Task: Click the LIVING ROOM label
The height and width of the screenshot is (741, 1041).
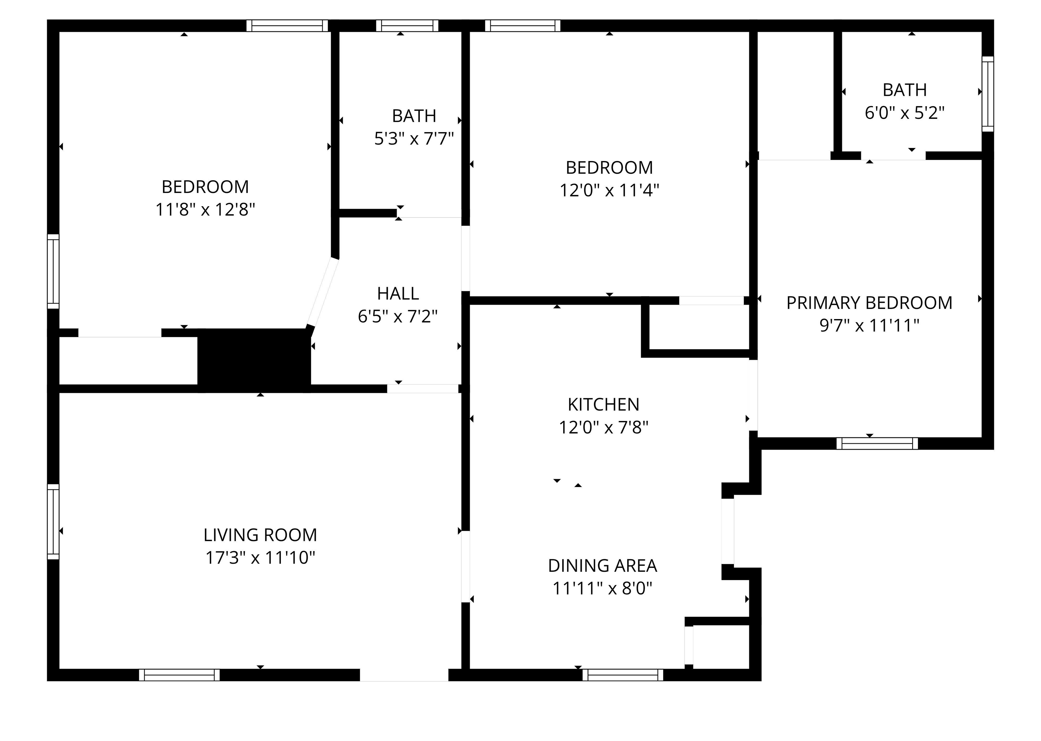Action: pyautogui.click(x=260, y=535)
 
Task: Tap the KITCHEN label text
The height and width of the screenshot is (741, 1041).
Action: pyautogui.click(x=603, y=404)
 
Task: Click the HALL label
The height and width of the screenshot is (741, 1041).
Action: pyautogui.click(x=398, y=293)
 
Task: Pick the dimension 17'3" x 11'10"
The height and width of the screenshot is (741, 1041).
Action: pyautogui.click(x=260, y=557)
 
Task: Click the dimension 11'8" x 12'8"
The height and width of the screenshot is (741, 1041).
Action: pyautogui.click(x=205, y=209)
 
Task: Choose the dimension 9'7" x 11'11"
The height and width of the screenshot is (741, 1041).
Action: pyautogui.click(x=869, y=325)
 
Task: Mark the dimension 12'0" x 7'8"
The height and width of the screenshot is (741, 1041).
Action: pyautogui.click(x=604, y=427)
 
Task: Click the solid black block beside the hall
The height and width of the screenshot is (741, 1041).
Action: pyautogui.click(x=254, y=360)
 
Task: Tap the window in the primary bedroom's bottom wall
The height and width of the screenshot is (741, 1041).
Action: pyautogui.click(x=877, y=444)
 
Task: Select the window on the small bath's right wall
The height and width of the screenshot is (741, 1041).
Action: pyautogui.click(x=987, y=94)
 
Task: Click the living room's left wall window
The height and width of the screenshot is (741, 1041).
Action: pyautogui.click(x=54, y=522)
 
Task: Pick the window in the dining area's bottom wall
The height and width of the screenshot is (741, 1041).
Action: pyautogui.click(x=623, y=675)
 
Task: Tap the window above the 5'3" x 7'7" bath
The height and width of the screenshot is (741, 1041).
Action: pyautogui.click(x=407, y=25)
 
